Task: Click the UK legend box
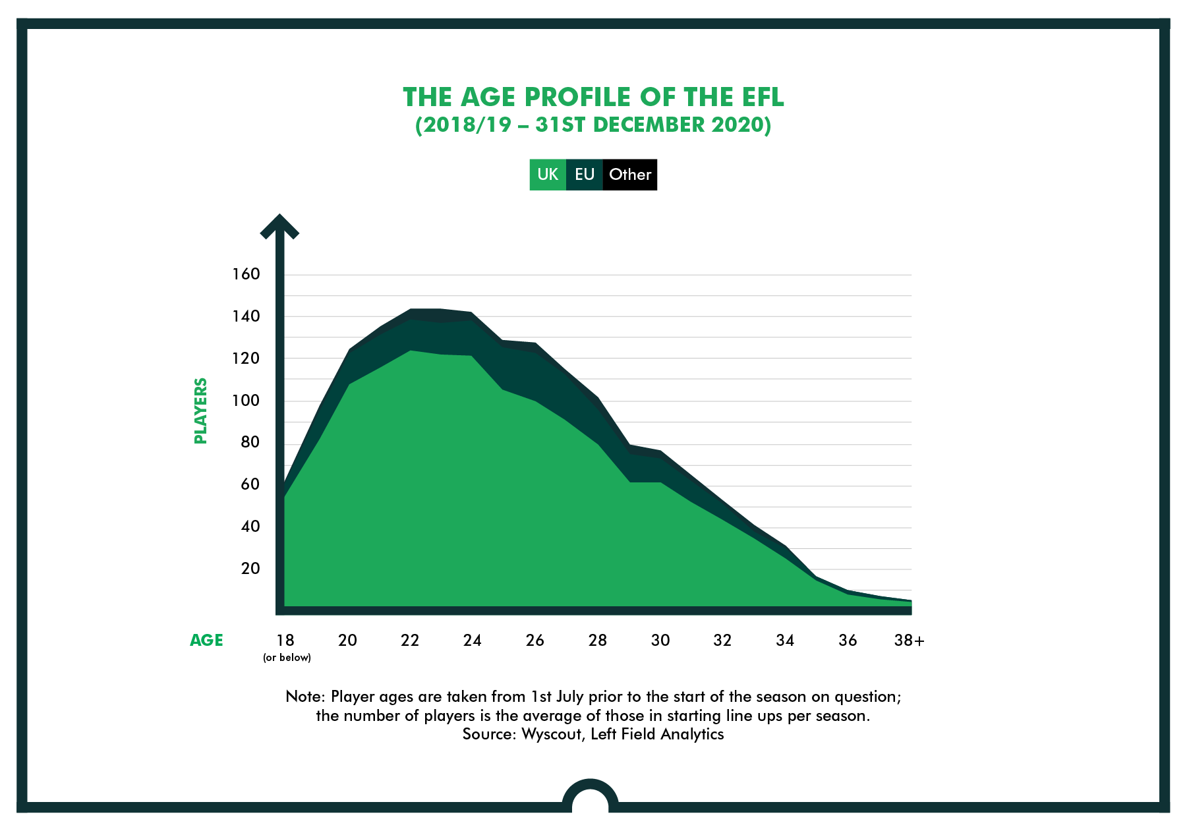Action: (548, 175)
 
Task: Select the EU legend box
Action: (585, 175)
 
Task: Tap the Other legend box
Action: (630, 175)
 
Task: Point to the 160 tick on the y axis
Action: (246, 274)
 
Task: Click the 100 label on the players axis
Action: (246, 401)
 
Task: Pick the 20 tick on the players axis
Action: (250, 569)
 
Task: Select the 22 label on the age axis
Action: (410, 640)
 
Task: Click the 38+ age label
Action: (910, 640)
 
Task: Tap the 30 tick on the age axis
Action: (660, 640)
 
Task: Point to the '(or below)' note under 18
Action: (287, 658)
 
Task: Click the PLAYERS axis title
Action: (201, 411)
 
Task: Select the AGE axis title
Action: (206, 640)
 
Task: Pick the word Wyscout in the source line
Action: (552, 734)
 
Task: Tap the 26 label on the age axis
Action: (535, 640)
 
